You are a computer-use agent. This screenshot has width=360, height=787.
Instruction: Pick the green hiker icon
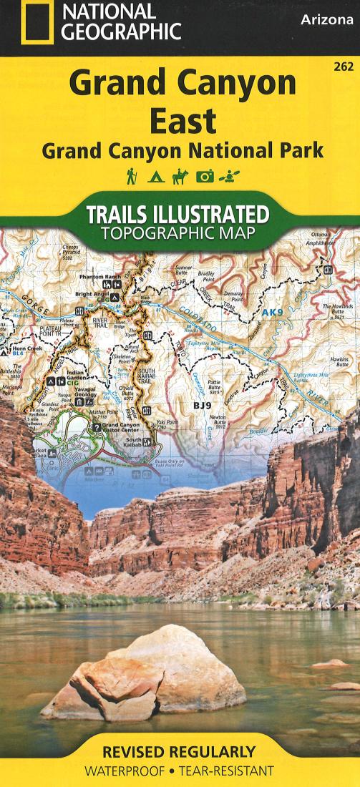(x=131, y=175)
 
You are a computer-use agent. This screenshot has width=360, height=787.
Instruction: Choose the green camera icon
(x=206, y=176)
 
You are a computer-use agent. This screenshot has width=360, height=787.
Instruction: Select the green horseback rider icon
(x=180, y=175)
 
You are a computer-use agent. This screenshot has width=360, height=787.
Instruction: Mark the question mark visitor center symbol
(x=97, y=427)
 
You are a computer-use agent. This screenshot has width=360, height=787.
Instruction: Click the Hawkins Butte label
(x=339, y=362)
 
